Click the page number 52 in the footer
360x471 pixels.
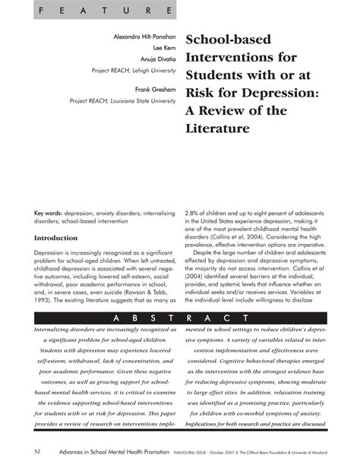click(37, 453)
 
